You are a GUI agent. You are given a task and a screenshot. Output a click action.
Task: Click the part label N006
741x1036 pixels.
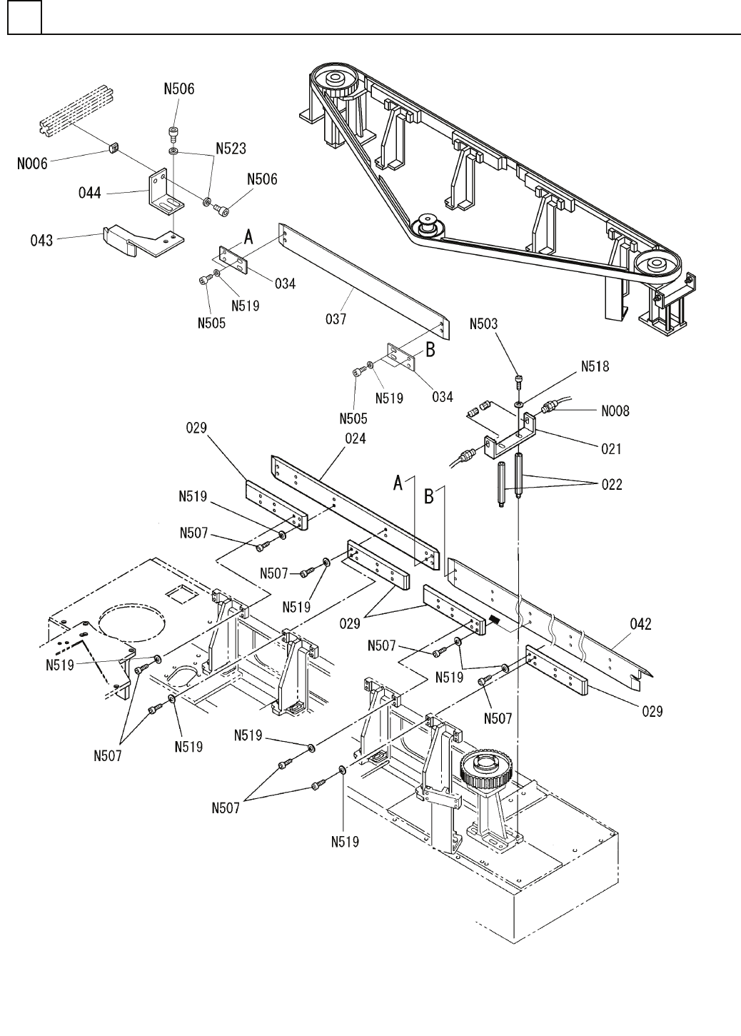tap(32, 164)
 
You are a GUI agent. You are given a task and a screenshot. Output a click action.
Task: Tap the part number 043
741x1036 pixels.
tap(41, 240)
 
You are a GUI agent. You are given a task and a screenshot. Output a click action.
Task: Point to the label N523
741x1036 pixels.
tap(231, 149)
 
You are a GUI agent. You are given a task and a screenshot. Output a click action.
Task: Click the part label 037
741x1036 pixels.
tap(336, 318)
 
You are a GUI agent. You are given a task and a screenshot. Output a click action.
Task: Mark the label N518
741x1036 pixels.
tap(595, 366)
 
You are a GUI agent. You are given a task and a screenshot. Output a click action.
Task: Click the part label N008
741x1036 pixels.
tap(615, 411)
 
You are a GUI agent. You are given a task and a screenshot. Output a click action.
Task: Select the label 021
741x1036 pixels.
tap(611, 449)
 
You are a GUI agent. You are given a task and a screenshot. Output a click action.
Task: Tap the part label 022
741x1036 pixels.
tap(612, 485)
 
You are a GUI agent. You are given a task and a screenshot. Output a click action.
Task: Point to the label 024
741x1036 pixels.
tap(355, 439)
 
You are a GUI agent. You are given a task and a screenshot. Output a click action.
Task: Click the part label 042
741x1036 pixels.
tap(640, 624)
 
